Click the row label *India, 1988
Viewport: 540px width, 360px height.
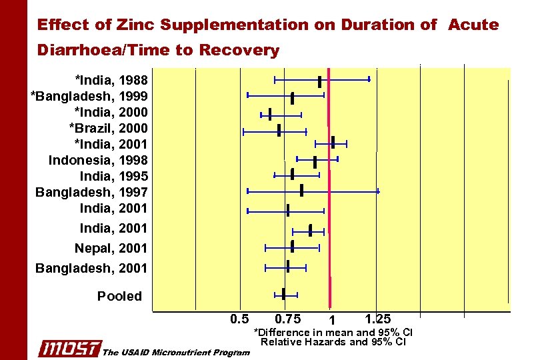111,80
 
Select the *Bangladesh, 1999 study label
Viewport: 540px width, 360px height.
89,96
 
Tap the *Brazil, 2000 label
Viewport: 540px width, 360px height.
108,128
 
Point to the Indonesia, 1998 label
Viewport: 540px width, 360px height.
98,160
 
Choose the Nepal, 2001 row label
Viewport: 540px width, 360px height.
111,248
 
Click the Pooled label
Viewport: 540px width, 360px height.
119,296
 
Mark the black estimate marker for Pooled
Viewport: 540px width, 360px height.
284,294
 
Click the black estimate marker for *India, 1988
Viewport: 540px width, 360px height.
320,81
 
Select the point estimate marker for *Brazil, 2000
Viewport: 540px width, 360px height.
279,130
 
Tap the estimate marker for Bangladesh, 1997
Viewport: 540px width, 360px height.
301,191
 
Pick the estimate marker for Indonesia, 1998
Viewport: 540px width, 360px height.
315,161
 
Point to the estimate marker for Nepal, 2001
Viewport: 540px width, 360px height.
292,247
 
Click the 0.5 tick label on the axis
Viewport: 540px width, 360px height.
239,319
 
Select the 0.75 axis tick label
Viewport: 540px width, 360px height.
287,319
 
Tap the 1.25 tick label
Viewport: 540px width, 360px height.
378,319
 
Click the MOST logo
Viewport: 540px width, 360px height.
69,349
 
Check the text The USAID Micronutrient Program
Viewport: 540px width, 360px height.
176,352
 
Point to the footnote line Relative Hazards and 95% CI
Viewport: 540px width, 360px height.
333,342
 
